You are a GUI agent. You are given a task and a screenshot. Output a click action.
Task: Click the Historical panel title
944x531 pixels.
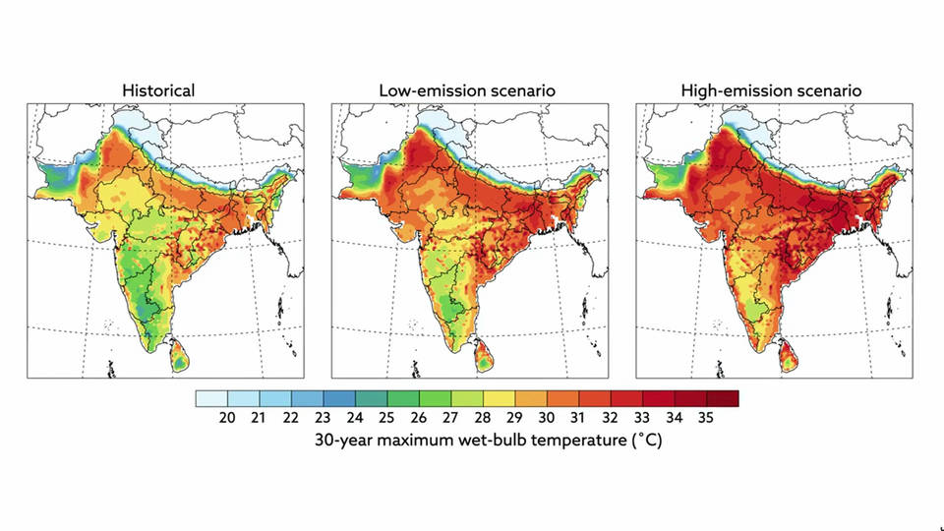pos(158,90)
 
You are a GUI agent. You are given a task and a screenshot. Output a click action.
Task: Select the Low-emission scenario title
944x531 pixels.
pos(467,90)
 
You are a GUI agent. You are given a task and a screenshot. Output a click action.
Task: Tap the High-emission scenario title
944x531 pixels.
pos(771,90)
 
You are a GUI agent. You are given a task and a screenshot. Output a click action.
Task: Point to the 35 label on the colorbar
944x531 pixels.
pos(706,418)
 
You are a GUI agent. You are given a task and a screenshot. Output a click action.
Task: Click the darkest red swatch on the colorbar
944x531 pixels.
pos(723,398)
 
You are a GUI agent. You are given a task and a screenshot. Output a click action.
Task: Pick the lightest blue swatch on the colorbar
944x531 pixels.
pos(211,398)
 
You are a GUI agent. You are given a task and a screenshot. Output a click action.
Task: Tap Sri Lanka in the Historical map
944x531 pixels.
pos(181,352)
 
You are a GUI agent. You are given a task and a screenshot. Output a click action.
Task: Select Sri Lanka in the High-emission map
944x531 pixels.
pos(791,352)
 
